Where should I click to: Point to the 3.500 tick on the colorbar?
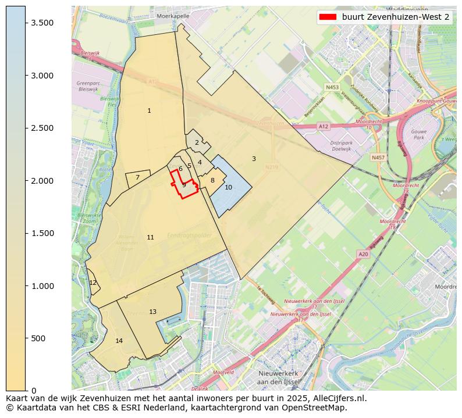(26, 23)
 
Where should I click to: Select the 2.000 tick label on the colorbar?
(42, 181)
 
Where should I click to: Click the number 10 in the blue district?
(228, 187)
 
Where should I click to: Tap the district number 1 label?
(149, 110)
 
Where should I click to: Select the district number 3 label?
(254, 159)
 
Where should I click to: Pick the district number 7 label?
(137, 178)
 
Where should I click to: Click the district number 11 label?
(150, 237)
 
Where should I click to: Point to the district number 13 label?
(152, 312)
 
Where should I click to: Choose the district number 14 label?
(119, 341)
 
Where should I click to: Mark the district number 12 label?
(93, 283)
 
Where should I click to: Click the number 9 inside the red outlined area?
(184, 185)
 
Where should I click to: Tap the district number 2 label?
(197, 142)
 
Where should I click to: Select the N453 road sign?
(332, 87)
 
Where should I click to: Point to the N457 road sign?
(378, 158)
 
